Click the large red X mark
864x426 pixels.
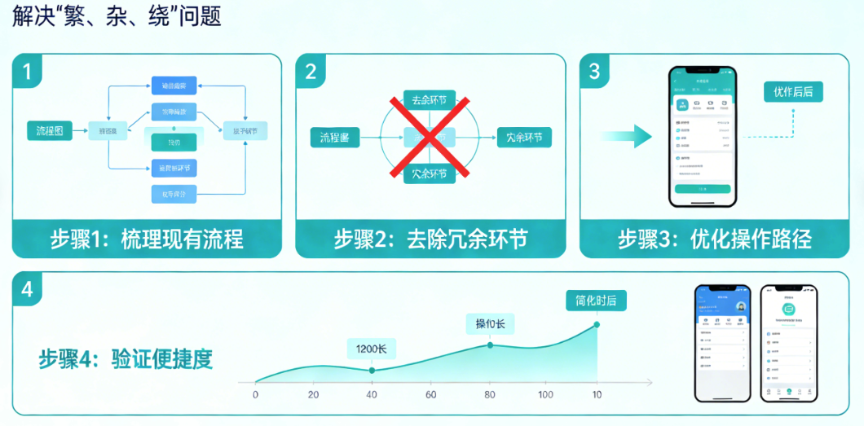[430, 137]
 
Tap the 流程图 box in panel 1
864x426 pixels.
[49, 130]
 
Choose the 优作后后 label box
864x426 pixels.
[793, 91]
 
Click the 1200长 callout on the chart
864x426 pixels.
[372, 349]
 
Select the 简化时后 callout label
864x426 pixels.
[595, 301]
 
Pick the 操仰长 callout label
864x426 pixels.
[490, 324]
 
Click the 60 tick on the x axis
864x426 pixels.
[430, 395]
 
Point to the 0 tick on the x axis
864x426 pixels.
[256, 395]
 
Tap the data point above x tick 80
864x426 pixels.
[490, 345]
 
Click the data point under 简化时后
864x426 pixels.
[597, 324]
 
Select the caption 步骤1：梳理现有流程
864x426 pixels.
[147, 239]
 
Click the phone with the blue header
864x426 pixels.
[721, 342]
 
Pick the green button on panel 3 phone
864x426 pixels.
[702, 188]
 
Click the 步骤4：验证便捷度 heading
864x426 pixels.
[126, 359]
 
